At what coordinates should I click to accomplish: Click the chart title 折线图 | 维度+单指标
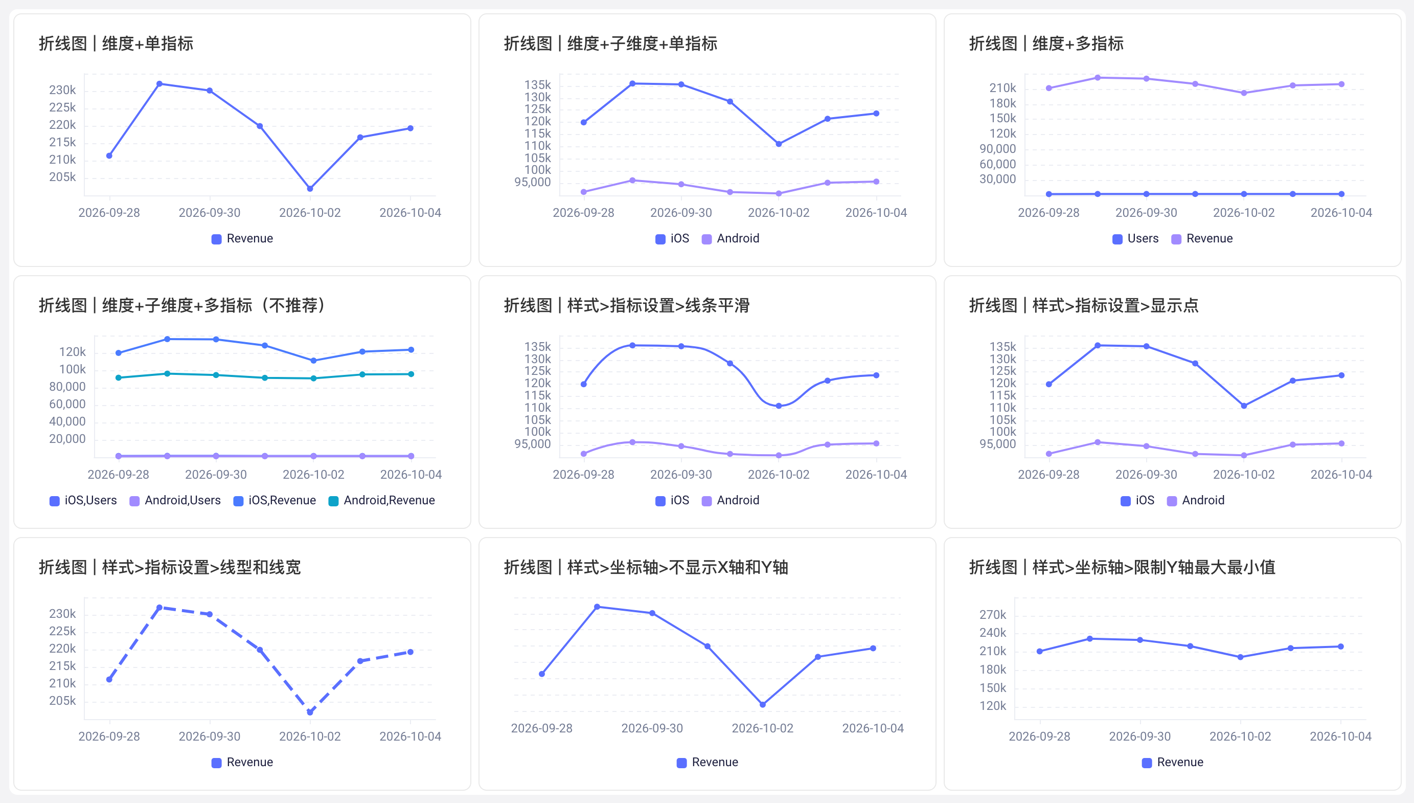click(x=116, y=43)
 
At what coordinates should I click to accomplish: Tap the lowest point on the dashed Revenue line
click(x=310, y=712)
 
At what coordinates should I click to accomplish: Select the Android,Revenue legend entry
click(x=382, y=500)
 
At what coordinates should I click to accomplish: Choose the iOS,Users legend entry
click(x=83, y=500)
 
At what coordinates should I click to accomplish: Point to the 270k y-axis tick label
click(x=992, y=614)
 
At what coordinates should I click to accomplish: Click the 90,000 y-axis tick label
click(x=997, y=149)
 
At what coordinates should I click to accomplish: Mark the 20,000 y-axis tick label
click(x=67, y=439)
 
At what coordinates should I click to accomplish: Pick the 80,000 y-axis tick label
click(x=67, y=387)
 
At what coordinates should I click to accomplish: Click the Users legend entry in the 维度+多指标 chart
click(x=1135, y=238)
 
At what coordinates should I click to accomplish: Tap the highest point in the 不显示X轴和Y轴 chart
click(x=597, y=607)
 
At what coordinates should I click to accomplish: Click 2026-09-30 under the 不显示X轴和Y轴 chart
click(x=652, y=728)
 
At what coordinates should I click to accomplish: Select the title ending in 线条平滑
click(x=627, y=305)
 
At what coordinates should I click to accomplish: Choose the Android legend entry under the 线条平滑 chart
click(x=731, y=500)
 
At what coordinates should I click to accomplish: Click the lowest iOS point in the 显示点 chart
click(x=1244, y=406)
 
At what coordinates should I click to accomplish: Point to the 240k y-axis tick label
click(x=992, y=633)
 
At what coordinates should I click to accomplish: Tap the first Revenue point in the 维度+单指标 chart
click(x=109, y=155)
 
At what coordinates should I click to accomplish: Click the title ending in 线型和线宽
click(x=170, y=568)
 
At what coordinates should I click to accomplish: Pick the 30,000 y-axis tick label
click(x=997, y=179)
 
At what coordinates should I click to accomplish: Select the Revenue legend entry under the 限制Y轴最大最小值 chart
click(x=1173, y=762)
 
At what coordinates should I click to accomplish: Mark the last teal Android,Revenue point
click(x=411, y=374)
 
